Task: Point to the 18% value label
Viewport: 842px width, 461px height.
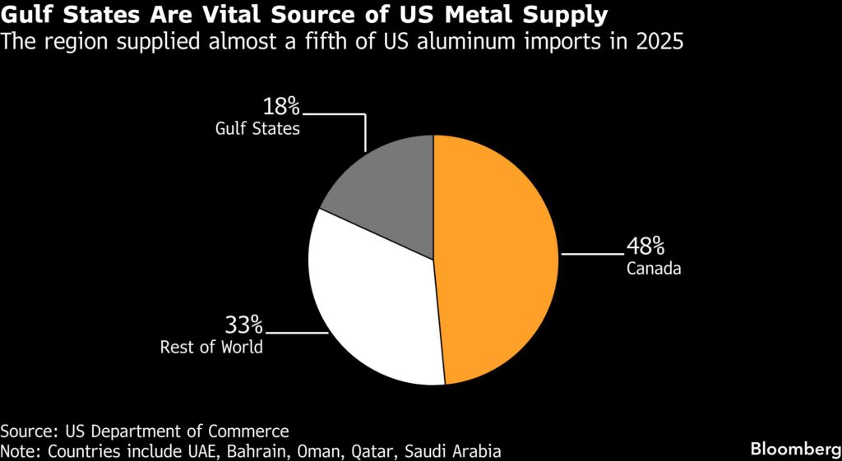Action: [282, 107]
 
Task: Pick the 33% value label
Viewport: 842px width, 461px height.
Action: [244, 325]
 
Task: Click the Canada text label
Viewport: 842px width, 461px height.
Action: [654, 268]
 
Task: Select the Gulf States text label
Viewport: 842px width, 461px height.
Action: [257, 128]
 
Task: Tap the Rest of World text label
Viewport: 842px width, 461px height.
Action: [211, 346]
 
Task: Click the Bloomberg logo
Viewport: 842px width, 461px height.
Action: [793, 448]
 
